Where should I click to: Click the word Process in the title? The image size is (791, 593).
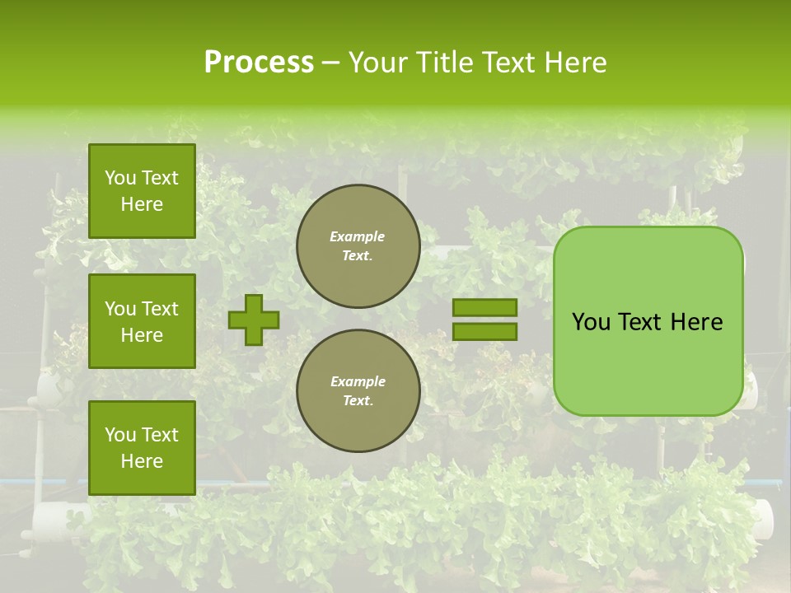259,63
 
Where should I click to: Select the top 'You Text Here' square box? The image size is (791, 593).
142,191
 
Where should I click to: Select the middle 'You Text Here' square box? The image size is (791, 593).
142,321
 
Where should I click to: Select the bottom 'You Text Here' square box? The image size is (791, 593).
142,448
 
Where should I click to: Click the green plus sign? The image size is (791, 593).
254,320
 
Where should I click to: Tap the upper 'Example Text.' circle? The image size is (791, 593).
358,246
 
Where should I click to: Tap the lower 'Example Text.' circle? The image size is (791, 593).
358,391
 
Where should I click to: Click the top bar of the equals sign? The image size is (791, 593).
484,307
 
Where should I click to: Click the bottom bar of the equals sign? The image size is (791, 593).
484,331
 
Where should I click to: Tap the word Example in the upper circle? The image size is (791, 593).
358,236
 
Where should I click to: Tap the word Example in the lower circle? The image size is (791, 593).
358,381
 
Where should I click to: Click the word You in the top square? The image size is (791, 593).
120,178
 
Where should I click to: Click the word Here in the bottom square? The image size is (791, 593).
142,461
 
